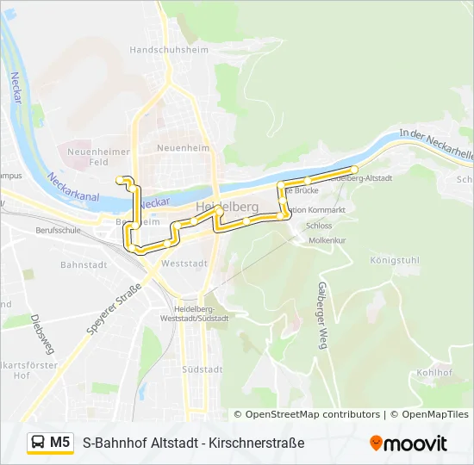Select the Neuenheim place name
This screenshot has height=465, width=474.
183,148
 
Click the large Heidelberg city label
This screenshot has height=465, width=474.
227,207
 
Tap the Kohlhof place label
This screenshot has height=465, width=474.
433,373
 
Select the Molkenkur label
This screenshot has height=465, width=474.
327,240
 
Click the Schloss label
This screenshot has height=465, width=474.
318,226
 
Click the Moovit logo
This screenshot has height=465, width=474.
408,443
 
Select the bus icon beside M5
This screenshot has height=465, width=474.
39,443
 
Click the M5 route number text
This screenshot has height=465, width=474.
59,443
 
